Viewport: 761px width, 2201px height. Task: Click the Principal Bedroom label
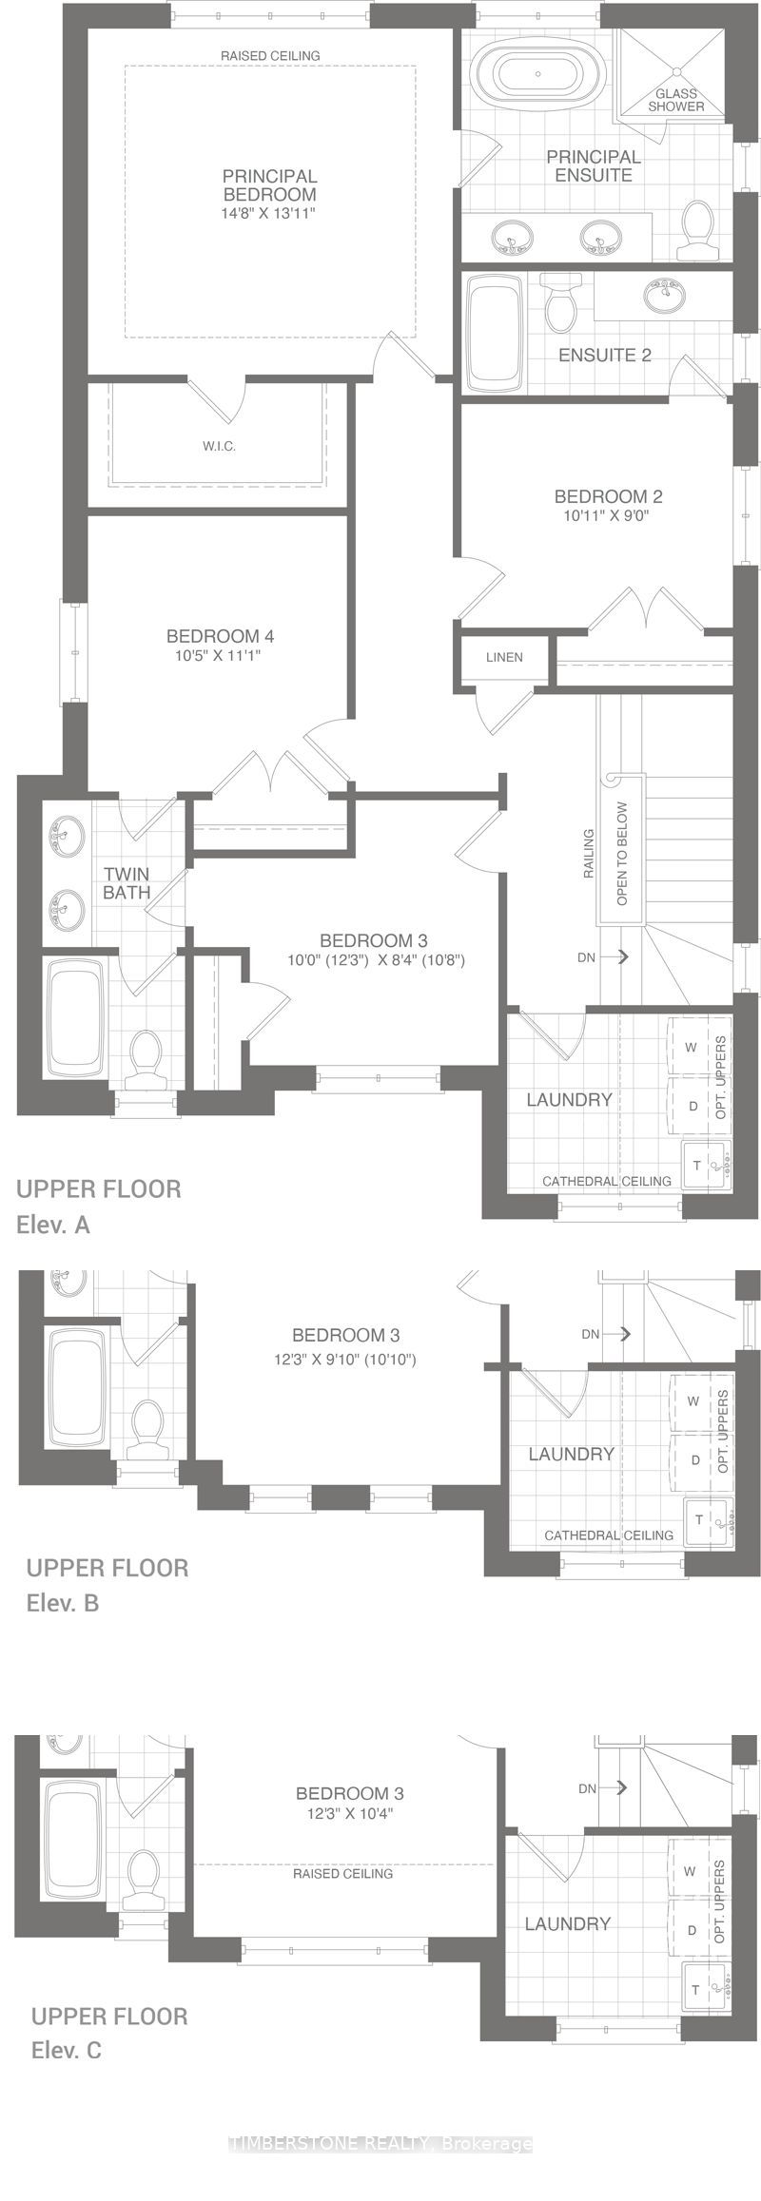(269, 184)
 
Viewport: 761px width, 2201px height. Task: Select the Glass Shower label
(676, 100)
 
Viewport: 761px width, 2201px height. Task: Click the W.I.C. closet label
(219, 446)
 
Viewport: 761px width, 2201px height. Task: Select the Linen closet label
(504, 657)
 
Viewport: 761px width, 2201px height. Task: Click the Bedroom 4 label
(220, 636)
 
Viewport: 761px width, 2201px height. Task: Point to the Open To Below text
(622, 853)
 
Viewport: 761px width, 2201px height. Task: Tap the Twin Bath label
(126, 883)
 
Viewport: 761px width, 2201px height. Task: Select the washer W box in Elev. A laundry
(692, 1047)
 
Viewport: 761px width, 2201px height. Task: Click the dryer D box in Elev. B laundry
(695, 1460)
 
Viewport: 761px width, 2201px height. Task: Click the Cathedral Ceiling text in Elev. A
(606, 1181)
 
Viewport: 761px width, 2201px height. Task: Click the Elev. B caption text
(63, 1603)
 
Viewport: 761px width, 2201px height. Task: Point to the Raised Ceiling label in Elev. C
(342, 1873)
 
